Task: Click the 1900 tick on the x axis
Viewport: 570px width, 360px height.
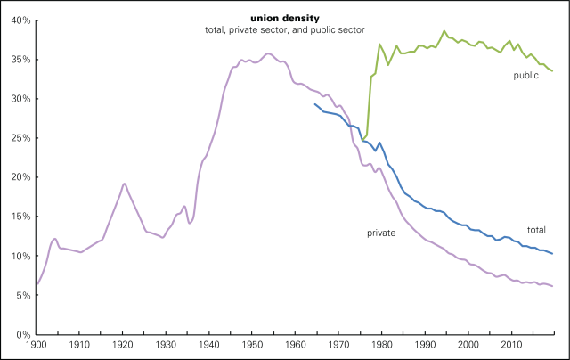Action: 37,344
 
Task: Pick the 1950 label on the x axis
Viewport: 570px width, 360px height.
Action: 253,344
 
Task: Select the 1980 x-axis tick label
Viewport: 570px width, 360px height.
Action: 382,344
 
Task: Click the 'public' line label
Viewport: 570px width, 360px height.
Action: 526,76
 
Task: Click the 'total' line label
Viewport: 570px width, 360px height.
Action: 536,229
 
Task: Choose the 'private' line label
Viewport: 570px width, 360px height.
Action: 380,233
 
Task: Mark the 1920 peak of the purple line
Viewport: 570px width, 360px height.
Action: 124,184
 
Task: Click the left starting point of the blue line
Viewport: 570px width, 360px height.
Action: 315,104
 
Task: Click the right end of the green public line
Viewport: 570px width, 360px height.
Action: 552,70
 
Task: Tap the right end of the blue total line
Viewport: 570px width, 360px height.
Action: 552,254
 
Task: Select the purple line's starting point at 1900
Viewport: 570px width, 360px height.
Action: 37,284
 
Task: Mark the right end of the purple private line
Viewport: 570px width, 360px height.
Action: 552,286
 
